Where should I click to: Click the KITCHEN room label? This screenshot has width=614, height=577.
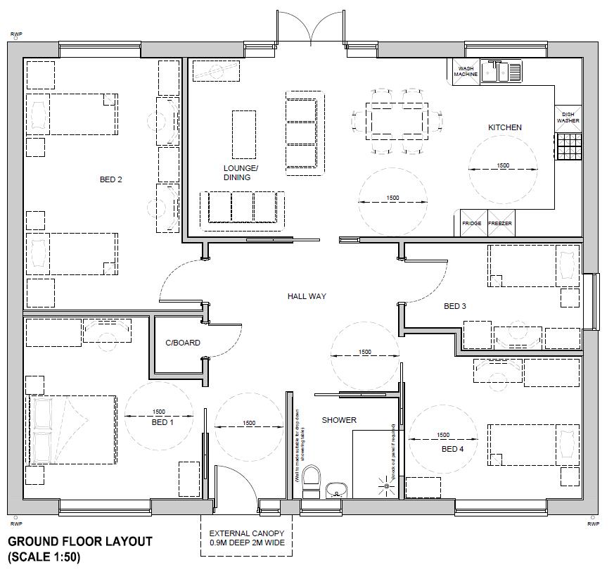[505, 127]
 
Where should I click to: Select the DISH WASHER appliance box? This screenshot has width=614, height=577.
[568, 118]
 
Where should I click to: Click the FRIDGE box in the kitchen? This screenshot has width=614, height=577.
[472, 223]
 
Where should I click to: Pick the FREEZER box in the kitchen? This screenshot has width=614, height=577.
[500, 223]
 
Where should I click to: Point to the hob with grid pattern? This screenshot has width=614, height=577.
[568, 146]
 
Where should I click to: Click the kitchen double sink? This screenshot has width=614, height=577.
[501, 71]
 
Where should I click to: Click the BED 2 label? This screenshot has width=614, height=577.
[111, 180]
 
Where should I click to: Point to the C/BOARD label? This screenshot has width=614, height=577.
[183, 343]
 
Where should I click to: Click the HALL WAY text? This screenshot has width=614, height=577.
[307, 297]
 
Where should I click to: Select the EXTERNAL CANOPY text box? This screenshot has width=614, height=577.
[246, 538]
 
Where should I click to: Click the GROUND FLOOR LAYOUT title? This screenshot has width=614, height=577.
[79, 542]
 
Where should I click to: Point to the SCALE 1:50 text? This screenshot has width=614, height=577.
[44, 558]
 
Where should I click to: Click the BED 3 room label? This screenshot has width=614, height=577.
[454, 306]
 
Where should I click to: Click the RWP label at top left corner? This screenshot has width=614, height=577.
[15, 33]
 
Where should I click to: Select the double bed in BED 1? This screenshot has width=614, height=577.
[72, 430]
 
